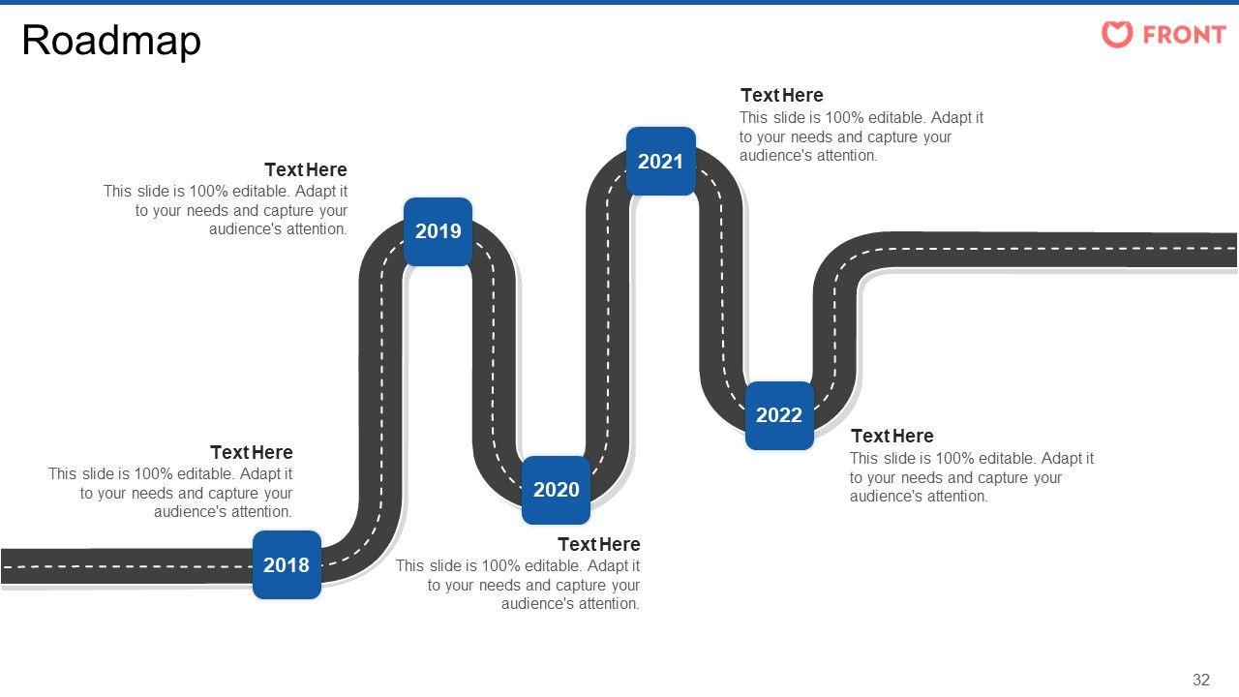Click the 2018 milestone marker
click(287, 564)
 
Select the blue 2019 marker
click(438, 231)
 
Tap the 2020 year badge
click(556, 490)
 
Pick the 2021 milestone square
click(660, 162)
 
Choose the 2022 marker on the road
click(779, 415)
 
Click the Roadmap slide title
click(111, 41)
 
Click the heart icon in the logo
click(1117, 35)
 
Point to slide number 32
click(1201, 680)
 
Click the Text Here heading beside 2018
click(251, 452)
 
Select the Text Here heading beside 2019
click(305, 169)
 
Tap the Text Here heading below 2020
click(598, 544)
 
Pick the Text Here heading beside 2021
click(781, 95)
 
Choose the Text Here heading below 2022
click(891, 436)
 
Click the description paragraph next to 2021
click(861, 136)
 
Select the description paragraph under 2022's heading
click(971, 477)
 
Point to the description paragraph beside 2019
click(226, 210)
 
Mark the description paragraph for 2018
click(170, 493)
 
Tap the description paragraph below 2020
click(518, 585)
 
